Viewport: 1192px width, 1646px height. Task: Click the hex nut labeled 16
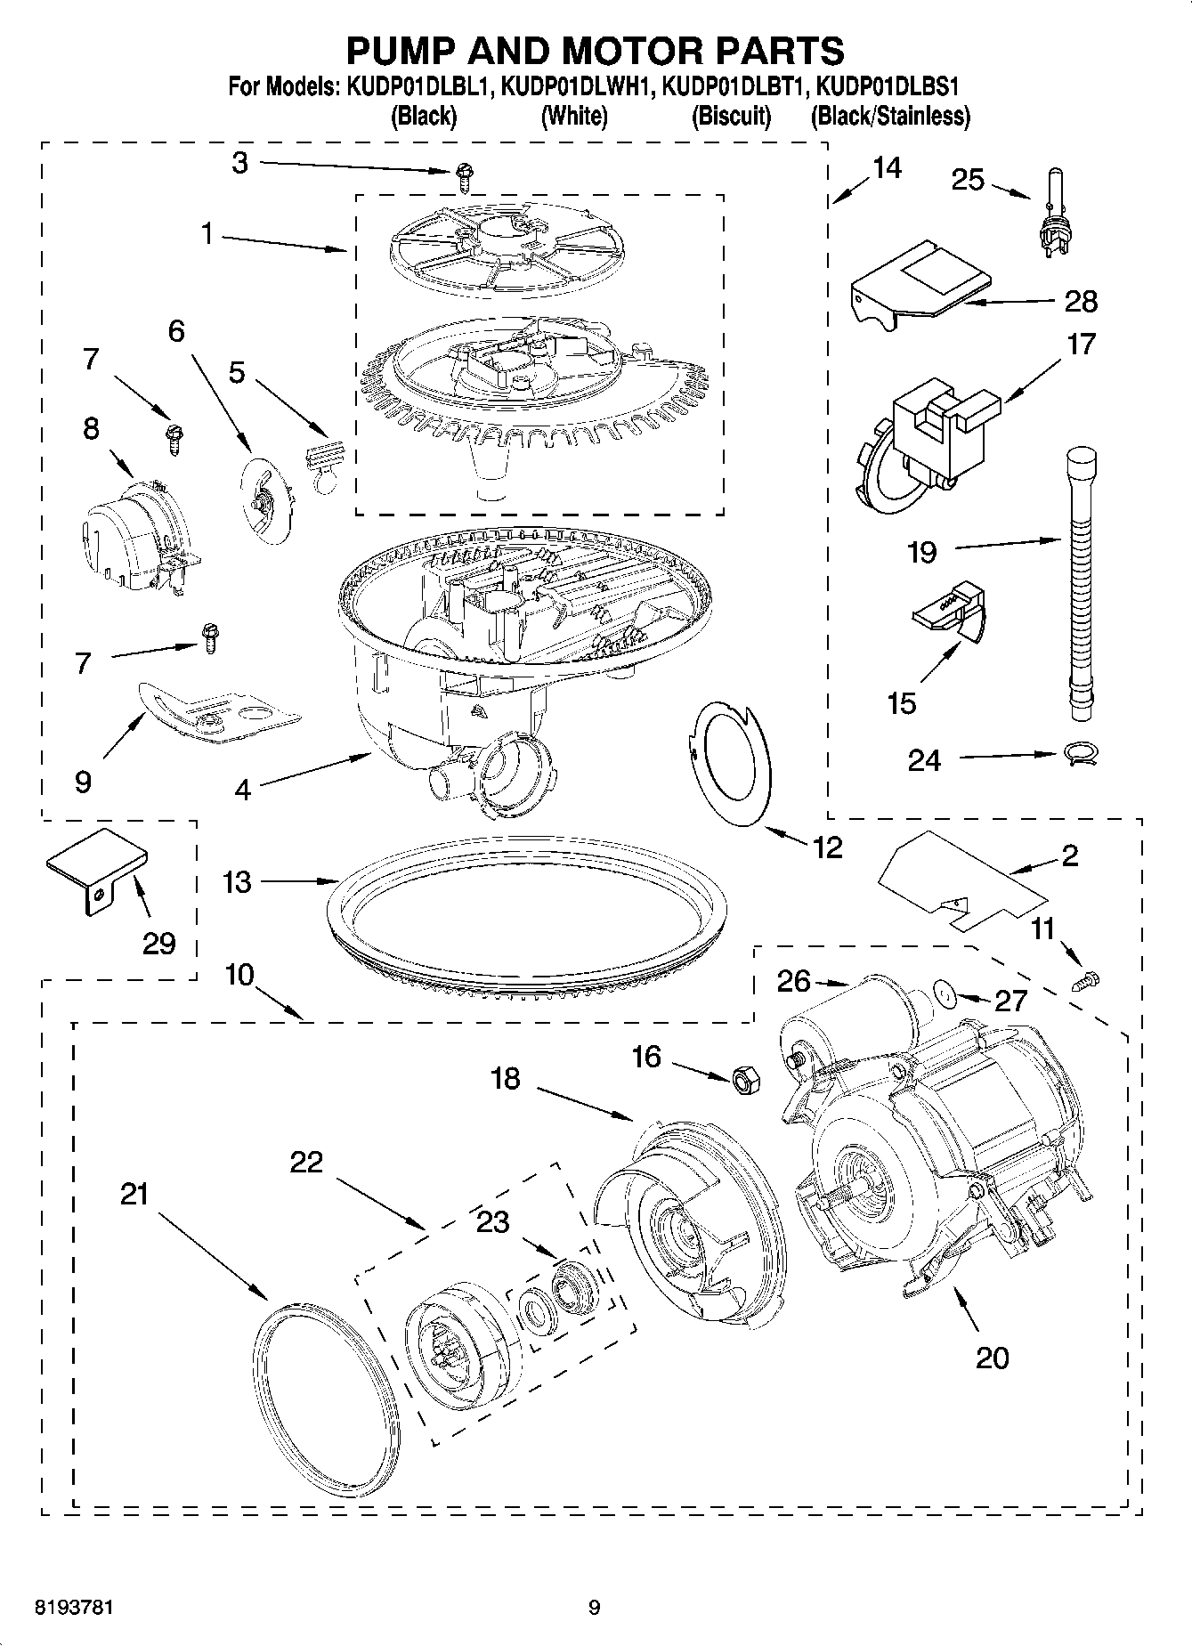click(746, 1080)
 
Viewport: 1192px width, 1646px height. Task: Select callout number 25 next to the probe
click(969, 180)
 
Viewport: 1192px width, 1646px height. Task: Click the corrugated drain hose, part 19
click(1079, 588)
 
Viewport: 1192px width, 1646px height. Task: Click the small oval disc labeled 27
click(945, 993)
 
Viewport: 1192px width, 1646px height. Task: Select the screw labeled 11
click(1086, 980)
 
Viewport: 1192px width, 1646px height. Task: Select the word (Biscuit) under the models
click(731, 116)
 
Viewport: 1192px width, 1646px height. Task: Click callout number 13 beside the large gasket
click(238, 882)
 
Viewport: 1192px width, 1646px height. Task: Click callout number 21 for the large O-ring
click(134, 1194)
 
